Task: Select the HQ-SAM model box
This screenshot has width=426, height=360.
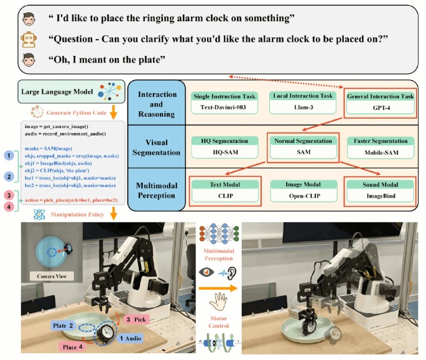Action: coord(225,150)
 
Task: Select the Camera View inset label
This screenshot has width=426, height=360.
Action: coord(47,274)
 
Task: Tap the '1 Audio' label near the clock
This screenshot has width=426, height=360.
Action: coord(129,338)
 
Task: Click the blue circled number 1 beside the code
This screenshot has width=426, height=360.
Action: coord(8,154)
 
